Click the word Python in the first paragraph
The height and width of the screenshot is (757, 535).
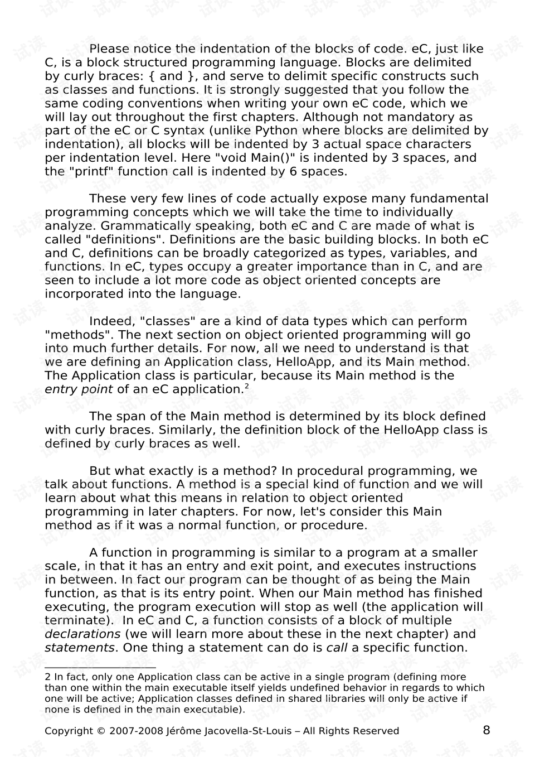(276, 131)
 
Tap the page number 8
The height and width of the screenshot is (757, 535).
(487, 730)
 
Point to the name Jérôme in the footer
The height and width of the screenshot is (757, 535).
(183, 731)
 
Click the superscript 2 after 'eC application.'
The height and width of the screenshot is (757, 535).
(246, 387)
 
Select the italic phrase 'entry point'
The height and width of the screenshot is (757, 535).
(79, 389)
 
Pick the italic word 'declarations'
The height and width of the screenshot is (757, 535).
(82, 634)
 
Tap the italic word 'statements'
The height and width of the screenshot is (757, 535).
(80, 648)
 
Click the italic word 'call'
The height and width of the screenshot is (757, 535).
(337, 648)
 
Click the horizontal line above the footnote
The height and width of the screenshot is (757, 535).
(100, 667)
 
